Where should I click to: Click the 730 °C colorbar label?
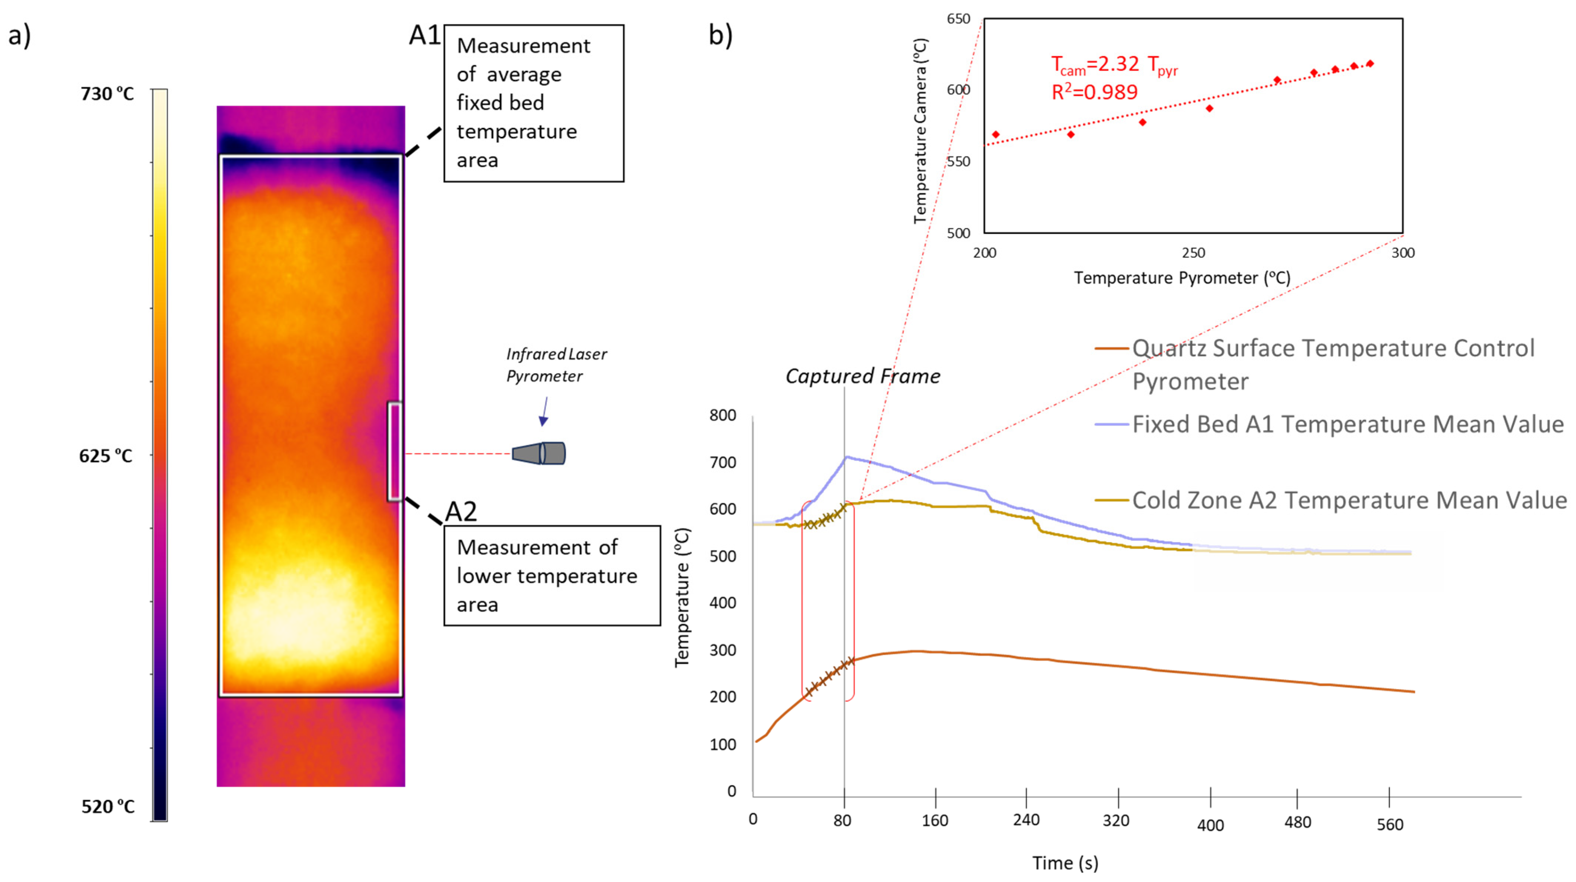tap(107, 94)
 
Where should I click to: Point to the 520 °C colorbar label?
tap(108, 807)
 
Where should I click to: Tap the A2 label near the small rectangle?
tap(461, 511)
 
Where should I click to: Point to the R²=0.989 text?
tap(1094, 92)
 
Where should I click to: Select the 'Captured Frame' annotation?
tap(862, 376)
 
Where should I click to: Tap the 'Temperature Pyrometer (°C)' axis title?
tap(1182, 278)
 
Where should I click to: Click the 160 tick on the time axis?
tap(935, 820)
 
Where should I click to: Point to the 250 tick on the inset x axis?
tap(1193, 253)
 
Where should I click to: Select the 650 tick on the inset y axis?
tap(959, 19)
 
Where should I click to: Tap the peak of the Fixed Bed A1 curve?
tap(846, 457)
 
